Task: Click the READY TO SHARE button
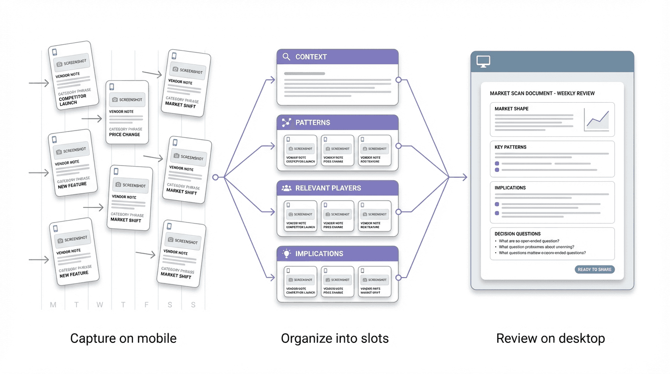click(595, 269)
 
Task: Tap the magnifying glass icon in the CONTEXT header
click(286, 57)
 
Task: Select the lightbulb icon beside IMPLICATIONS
click(286, 254)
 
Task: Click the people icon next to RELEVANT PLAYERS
click(286, 188)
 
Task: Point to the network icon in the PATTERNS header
click(286, 123)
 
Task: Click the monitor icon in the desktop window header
click(483, 62)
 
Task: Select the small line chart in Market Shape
click(597, 119)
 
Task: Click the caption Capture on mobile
click(123, 338)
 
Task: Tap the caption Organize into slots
click(335, 338)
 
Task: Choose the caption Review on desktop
click(550, 338)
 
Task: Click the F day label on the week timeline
click(146, 305)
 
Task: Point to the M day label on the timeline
click(53, 305)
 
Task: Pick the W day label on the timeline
click(99, 305)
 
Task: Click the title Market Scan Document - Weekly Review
click(542, 93)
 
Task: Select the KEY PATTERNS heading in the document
click(510, 147)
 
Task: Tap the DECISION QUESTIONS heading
click(518, 234)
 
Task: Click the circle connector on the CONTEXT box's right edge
click(398, 79)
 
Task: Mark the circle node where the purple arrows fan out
click(215, 178)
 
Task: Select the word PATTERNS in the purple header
click(313, 123)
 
